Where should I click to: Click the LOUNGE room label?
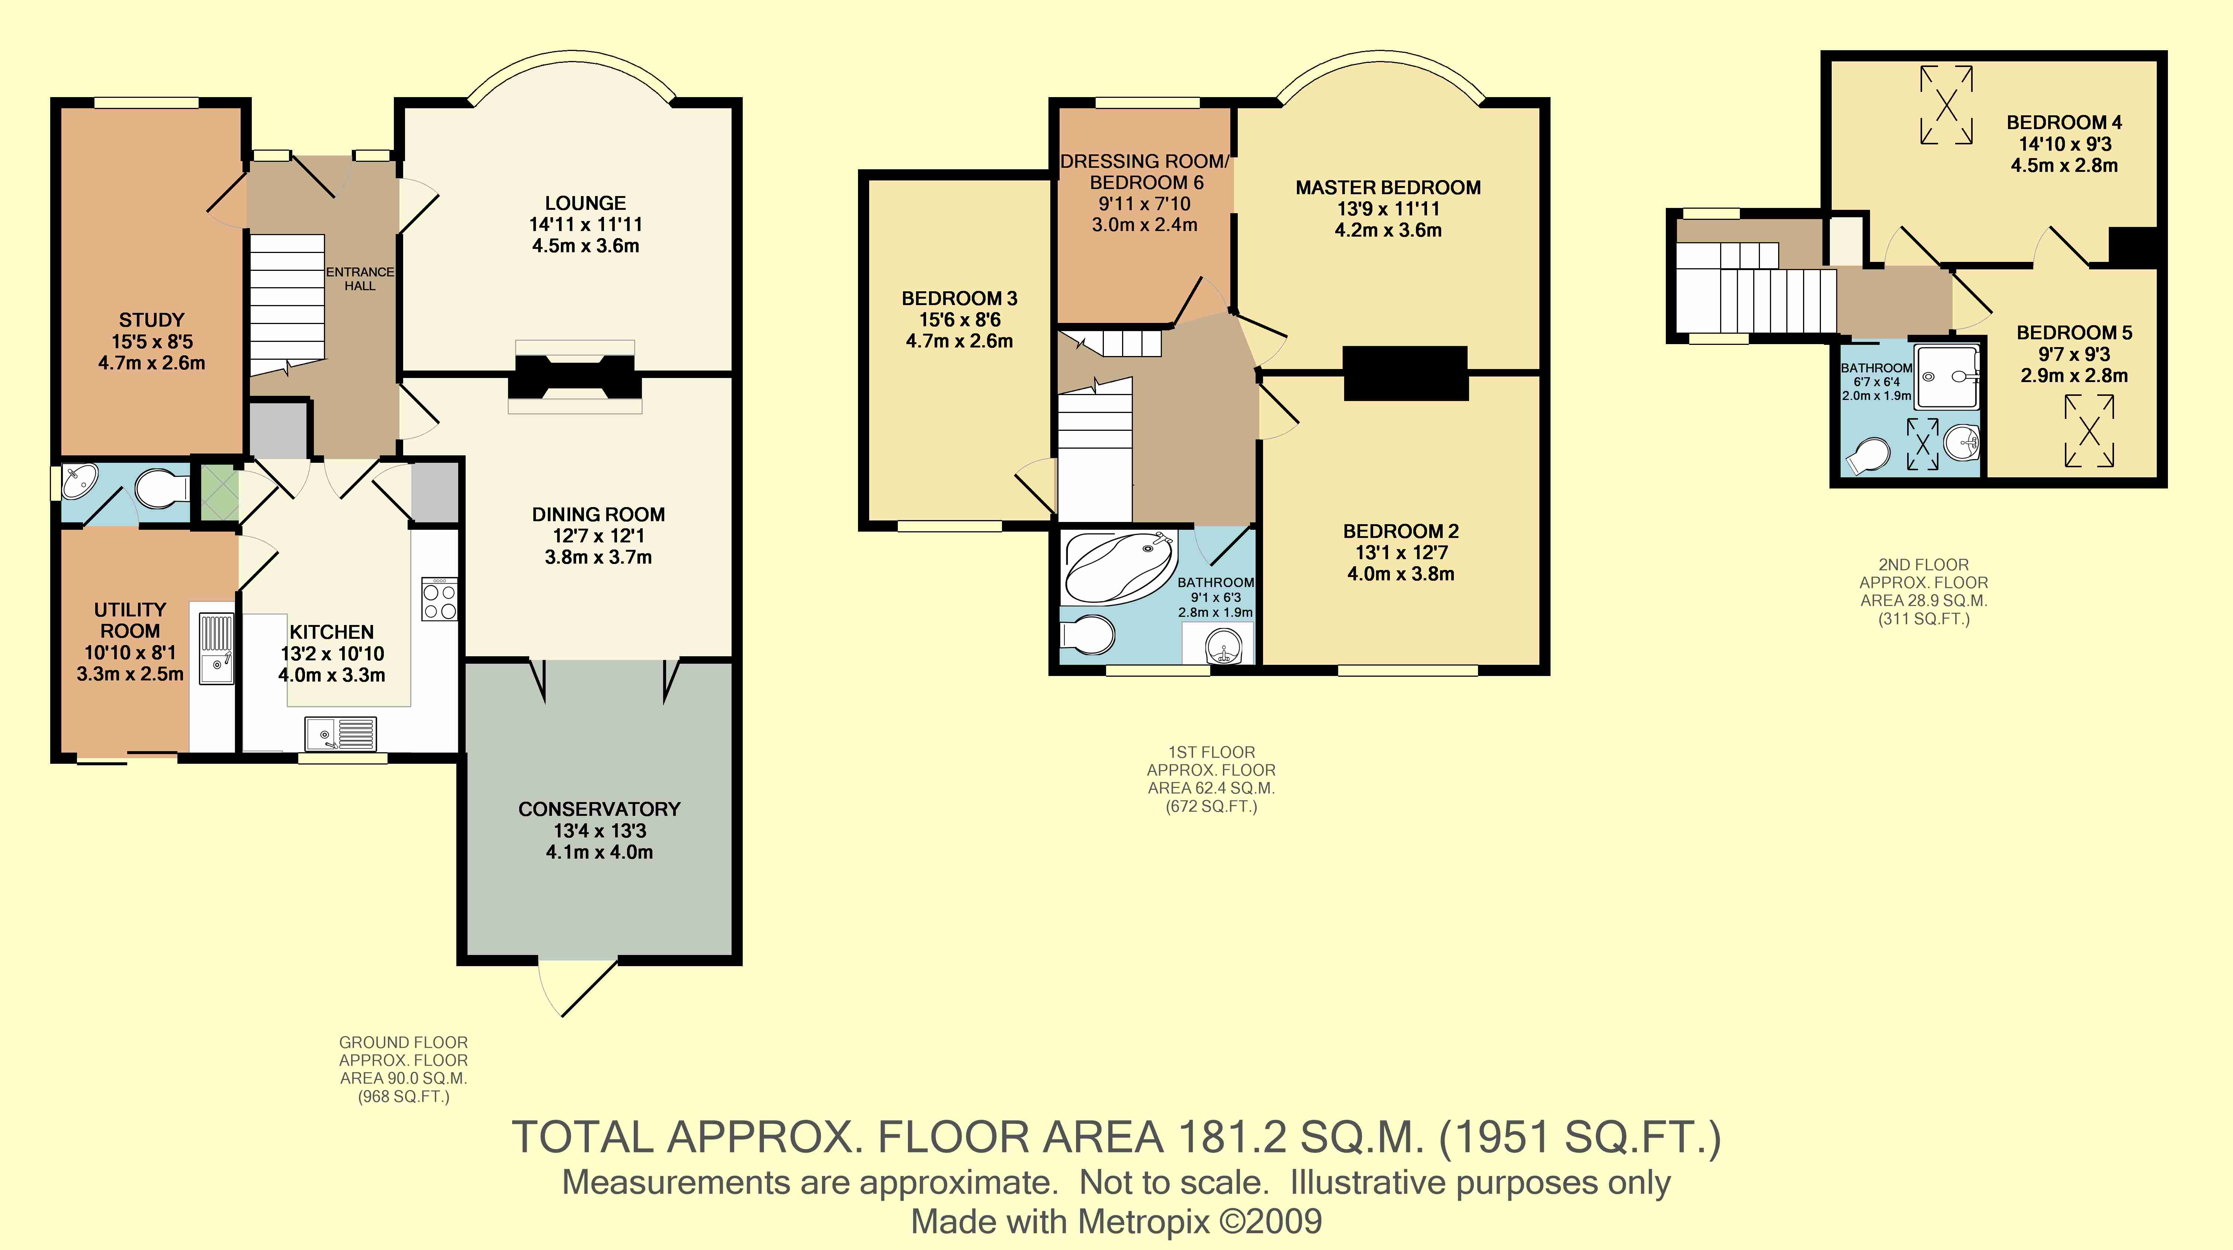coord(585,203)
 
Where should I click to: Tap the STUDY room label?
coord(152,320)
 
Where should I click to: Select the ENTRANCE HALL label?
coord(360,278)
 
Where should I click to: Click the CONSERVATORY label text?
coord(599,809)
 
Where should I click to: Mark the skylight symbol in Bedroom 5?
coord(2089,431)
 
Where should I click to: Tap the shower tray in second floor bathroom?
coord(1948,376)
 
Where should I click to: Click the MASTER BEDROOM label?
coord(1388,187)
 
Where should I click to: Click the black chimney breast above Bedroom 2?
coord(1405,373)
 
